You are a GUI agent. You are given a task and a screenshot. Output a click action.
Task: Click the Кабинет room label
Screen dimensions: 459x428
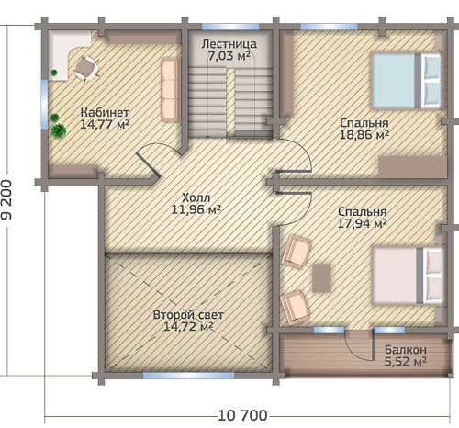[x=105, y=112]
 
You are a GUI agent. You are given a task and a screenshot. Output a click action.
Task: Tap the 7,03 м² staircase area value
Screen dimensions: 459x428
[x=229, y=56]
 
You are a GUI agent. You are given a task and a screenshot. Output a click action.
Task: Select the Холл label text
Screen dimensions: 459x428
[x=196, y=197]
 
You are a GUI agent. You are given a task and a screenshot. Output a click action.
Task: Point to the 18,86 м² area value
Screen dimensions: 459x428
[x=364, y=135]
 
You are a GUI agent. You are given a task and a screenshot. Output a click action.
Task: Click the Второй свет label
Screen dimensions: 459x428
[x=188, y=315]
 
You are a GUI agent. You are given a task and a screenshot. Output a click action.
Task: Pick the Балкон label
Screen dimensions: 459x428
[x=406, y=349]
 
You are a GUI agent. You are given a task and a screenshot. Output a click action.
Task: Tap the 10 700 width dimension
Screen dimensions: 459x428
[x=242, y=416]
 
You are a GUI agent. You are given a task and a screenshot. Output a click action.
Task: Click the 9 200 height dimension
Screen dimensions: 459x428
[x=6, y=199]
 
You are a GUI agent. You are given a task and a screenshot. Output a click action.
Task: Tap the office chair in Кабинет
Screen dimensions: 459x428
[x=86, y=69]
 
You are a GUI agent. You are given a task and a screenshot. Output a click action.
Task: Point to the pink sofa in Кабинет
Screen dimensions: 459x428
[x=170, y=89]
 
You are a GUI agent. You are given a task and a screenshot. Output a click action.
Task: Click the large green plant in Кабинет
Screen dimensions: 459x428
[x=59, y=130]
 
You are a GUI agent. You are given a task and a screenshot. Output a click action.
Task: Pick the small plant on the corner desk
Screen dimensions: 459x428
[x=54, y=73]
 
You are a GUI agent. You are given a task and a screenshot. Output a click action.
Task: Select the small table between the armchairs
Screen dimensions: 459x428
[x=321, y=278]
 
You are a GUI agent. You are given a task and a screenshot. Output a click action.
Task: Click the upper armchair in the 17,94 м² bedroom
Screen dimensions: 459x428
[x=297, y=252]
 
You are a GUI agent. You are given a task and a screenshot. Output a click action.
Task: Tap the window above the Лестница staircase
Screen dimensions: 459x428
[x=230, y=27]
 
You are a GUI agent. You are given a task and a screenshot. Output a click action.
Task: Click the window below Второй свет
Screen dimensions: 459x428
[x=189, y=376]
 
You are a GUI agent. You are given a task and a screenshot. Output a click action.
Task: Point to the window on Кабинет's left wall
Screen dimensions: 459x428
[x=45, y=104]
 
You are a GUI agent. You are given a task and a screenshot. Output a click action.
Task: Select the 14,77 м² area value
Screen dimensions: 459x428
[x=105, y=124]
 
